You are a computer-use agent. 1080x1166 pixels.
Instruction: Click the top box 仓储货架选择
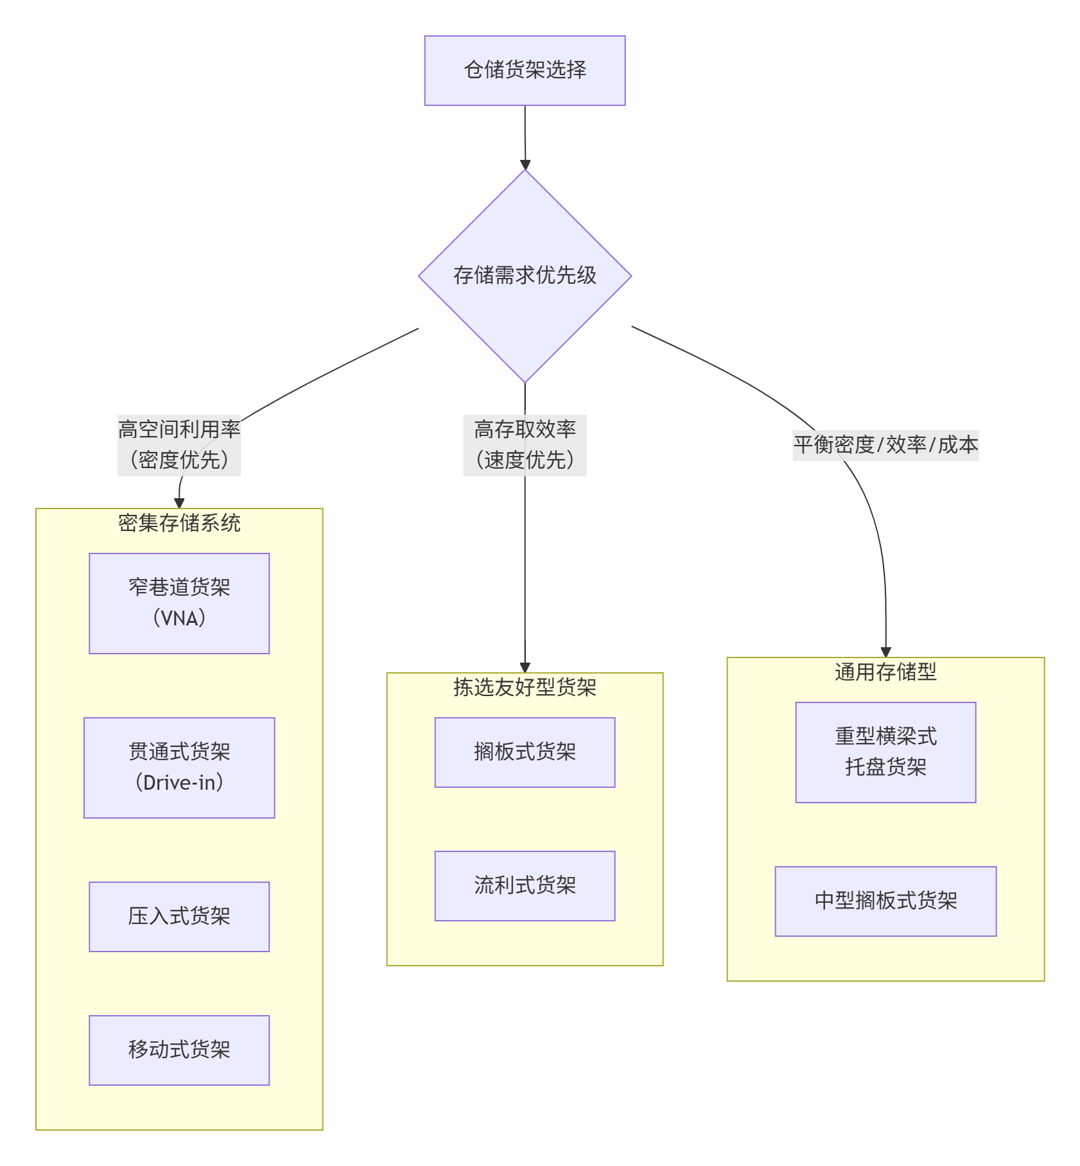point(525,71)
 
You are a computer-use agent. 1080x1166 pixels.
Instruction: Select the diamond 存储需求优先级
point(525,276)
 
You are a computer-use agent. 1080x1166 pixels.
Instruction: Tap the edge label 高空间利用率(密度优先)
point(179,445)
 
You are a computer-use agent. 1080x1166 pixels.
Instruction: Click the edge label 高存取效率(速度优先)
point(525,445)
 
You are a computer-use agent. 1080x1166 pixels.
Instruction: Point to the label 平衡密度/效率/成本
point(885,445)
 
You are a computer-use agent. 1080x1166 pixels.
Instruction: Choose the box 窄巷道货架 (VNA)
point(179,603)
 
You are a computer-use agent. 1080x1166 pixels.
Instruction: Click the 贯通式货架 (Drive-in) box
point(179,767)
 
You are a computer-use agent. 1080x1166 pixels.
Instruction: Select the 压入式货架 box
point(179,916)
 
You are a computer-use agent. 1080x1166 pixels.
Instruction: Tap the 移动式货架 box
point(179,1050)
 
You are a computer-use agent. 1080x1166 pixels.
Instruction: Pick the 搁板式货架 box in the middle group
point(525,752)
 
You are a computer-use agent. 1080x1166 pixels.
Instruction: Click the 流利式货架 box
point(525,885)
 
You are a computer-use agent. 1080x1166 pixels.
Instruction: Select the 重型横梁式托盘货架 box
point(885,752)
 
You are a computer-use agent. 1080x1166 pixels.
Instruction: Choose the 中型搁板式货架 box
point(885,901)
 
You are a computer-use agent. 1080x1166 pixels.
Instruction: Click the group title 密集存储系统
point(179,523)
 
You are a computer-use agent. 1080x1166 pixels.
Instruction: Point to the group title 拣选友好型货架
point(525,688)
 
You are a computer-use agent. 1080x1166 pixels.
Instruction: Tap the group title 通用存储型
point(885,672)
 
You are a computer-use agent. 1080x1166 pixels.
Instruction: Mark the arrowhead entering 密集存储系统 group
point(179,503)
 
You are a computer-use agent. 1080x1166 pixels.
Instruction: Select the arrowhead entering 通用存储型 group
point(886,652)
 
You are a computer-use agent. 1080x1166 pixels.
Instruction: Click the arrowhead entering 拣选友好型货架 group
point(525,668)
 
